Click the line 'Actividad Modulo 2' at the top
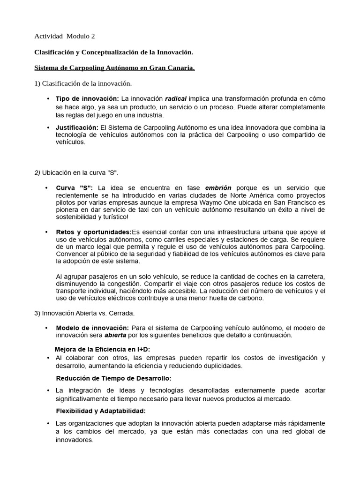point(65,36)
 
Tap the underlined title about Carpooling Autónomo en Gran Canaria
point(115,68)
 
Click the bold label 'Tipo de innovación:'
point(87,99)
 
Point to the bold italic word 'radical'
point(176,99)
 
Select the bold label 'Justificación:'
point(77,127)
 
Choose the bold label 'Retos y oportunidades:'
point(94,232)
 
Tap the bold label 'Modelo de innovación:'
point(92,328)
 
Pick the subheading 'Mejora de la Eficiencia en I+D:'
point(102,350)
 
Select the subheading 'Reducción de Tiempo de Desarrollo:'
point(113,378)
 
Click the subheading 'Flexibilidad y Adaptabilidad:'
point(101,411)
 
